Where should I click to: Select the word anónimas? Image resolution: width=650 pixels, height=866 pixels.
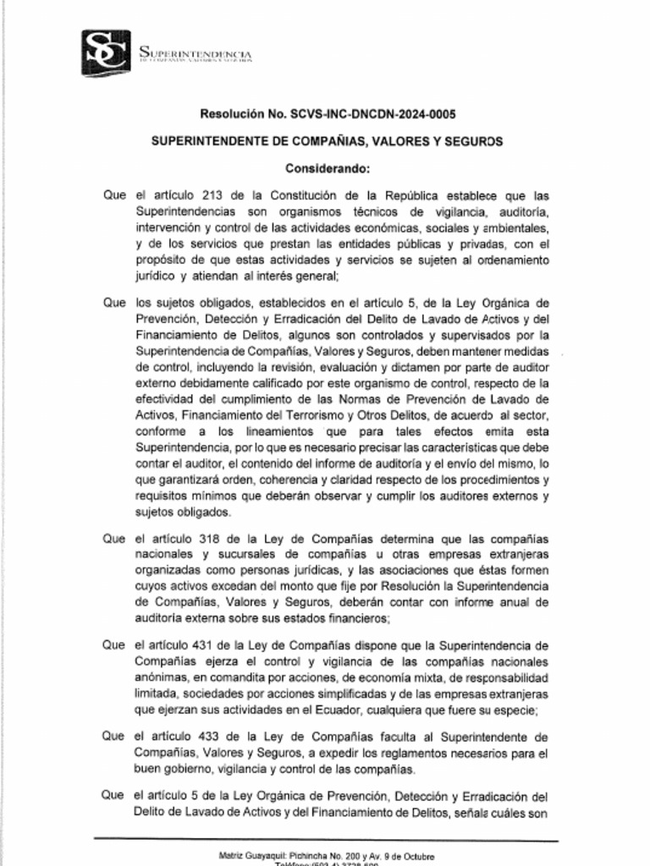[162, 677]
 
